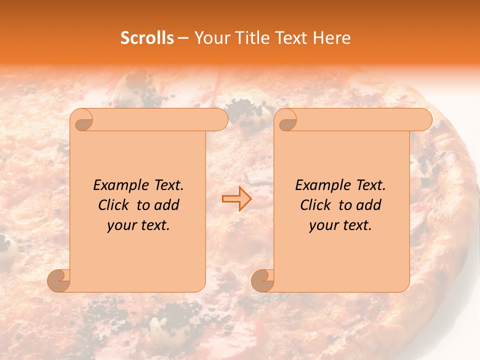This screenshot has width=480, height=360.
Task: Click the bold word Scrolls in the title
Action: tap(147, 38)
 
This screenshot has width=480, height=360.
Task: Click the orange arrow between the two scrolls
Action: tap(236, 199)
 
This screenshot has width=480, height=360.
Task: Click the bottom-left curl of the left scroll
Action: tap(59, 280)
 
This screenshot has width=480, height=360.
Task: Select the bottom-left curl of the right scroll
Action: tap(263, 280)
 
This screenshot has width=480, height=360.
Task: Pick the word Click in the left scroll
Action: tap(113, 205)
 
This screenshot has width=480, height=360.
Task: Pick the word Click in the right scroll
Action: tap(315, 205)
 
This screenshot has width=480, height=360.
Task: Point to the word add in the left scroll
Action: tap(167, 205)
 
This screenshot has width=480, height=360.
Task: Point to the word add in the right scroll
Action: tap(369, 205)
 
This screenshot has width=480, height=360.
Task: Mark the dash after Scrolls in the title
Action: tap(183, 38)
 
